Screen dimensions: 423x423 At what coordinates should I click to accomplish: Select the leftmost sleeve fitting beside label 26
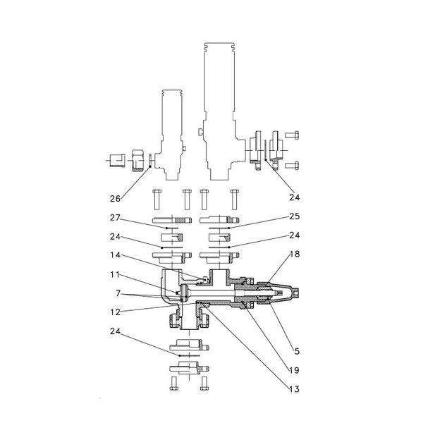click(118, 161)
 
